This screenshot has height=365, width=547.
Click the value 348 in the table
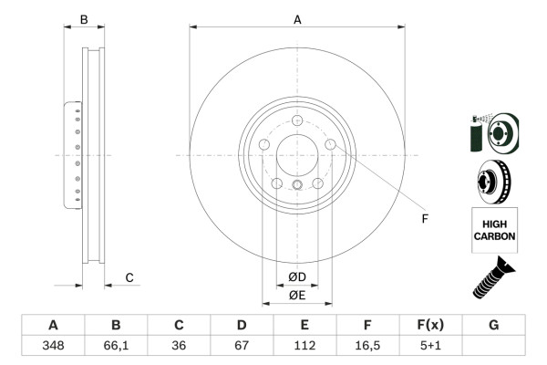tap(53, 345)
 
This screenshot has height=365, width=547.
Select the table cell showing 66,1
tap(116, 345)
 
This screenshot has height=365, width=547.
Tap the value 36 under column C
tap(179, 345)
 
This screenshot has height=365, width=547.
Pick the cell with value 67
tap(242, 345)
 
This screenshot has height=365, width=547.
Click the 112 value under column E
tap(304, 345)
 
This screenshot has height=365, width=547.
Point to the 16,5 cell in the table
tap(367, 345)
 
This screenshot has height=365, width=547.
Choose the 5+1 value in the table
tap(430, 345)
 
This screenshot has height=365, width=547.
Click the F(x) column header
tap(430, 325)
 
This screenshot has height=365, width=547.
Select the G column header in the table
tap(493, 325)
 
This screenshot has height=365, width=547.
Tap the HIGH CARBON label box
tap(493, 229)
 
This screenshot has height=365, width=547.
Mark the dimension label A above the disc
tap(297, 17)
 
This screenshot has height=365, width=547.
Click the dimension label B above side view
tap(84, 18)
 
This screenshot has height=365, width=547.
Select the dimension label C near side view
tap(129, 277)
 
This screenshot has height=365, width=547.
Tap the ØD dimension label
tap(297, 276)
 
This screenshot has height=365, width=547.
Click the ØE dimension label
tap(297, 295)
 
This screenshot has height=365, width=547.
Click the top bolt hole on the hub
tap(297, 121)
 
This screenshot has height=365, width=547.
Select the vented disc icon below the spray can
tap(492, 181)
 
